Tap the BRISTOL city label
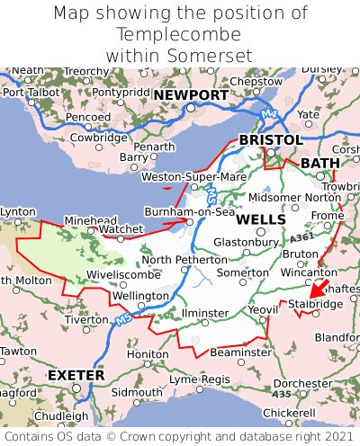click(270, 140)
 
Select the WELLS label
click(262, 219)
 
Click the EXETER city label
click(76, 374)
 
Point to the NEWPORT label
click(190, 95)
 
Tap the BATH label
click(320, 163)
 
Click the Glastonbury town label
click(246, 242)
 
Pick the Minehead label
click(90, 219)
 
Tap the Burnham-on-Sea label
click(190, 212)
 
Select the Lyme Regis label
click(199, 380)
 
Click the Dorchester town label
click(303, 383)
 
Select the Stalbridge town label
click(315, 305)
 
